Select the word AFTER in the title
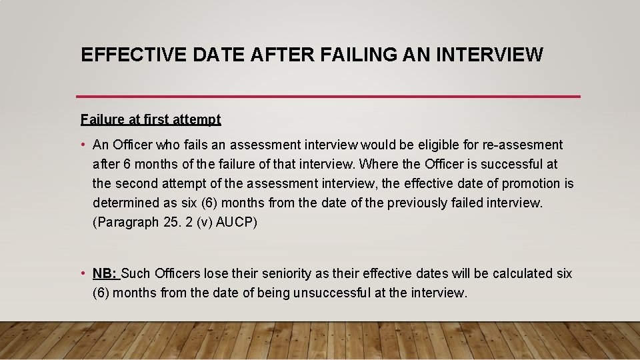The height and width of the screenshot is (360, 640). pos(284,55)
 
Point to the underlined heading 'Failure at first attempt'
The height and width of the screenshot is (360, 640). pos(151,120)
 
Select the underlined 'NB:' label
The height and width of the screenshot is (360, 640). pos(105,274)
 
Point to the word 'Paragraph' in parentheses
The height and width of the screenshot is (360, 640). pos(126,223)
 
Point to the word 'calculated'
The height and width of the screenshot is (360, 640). pos(521,274)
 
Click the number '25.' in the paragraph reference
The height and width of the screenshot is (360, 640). pos(171,223)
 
